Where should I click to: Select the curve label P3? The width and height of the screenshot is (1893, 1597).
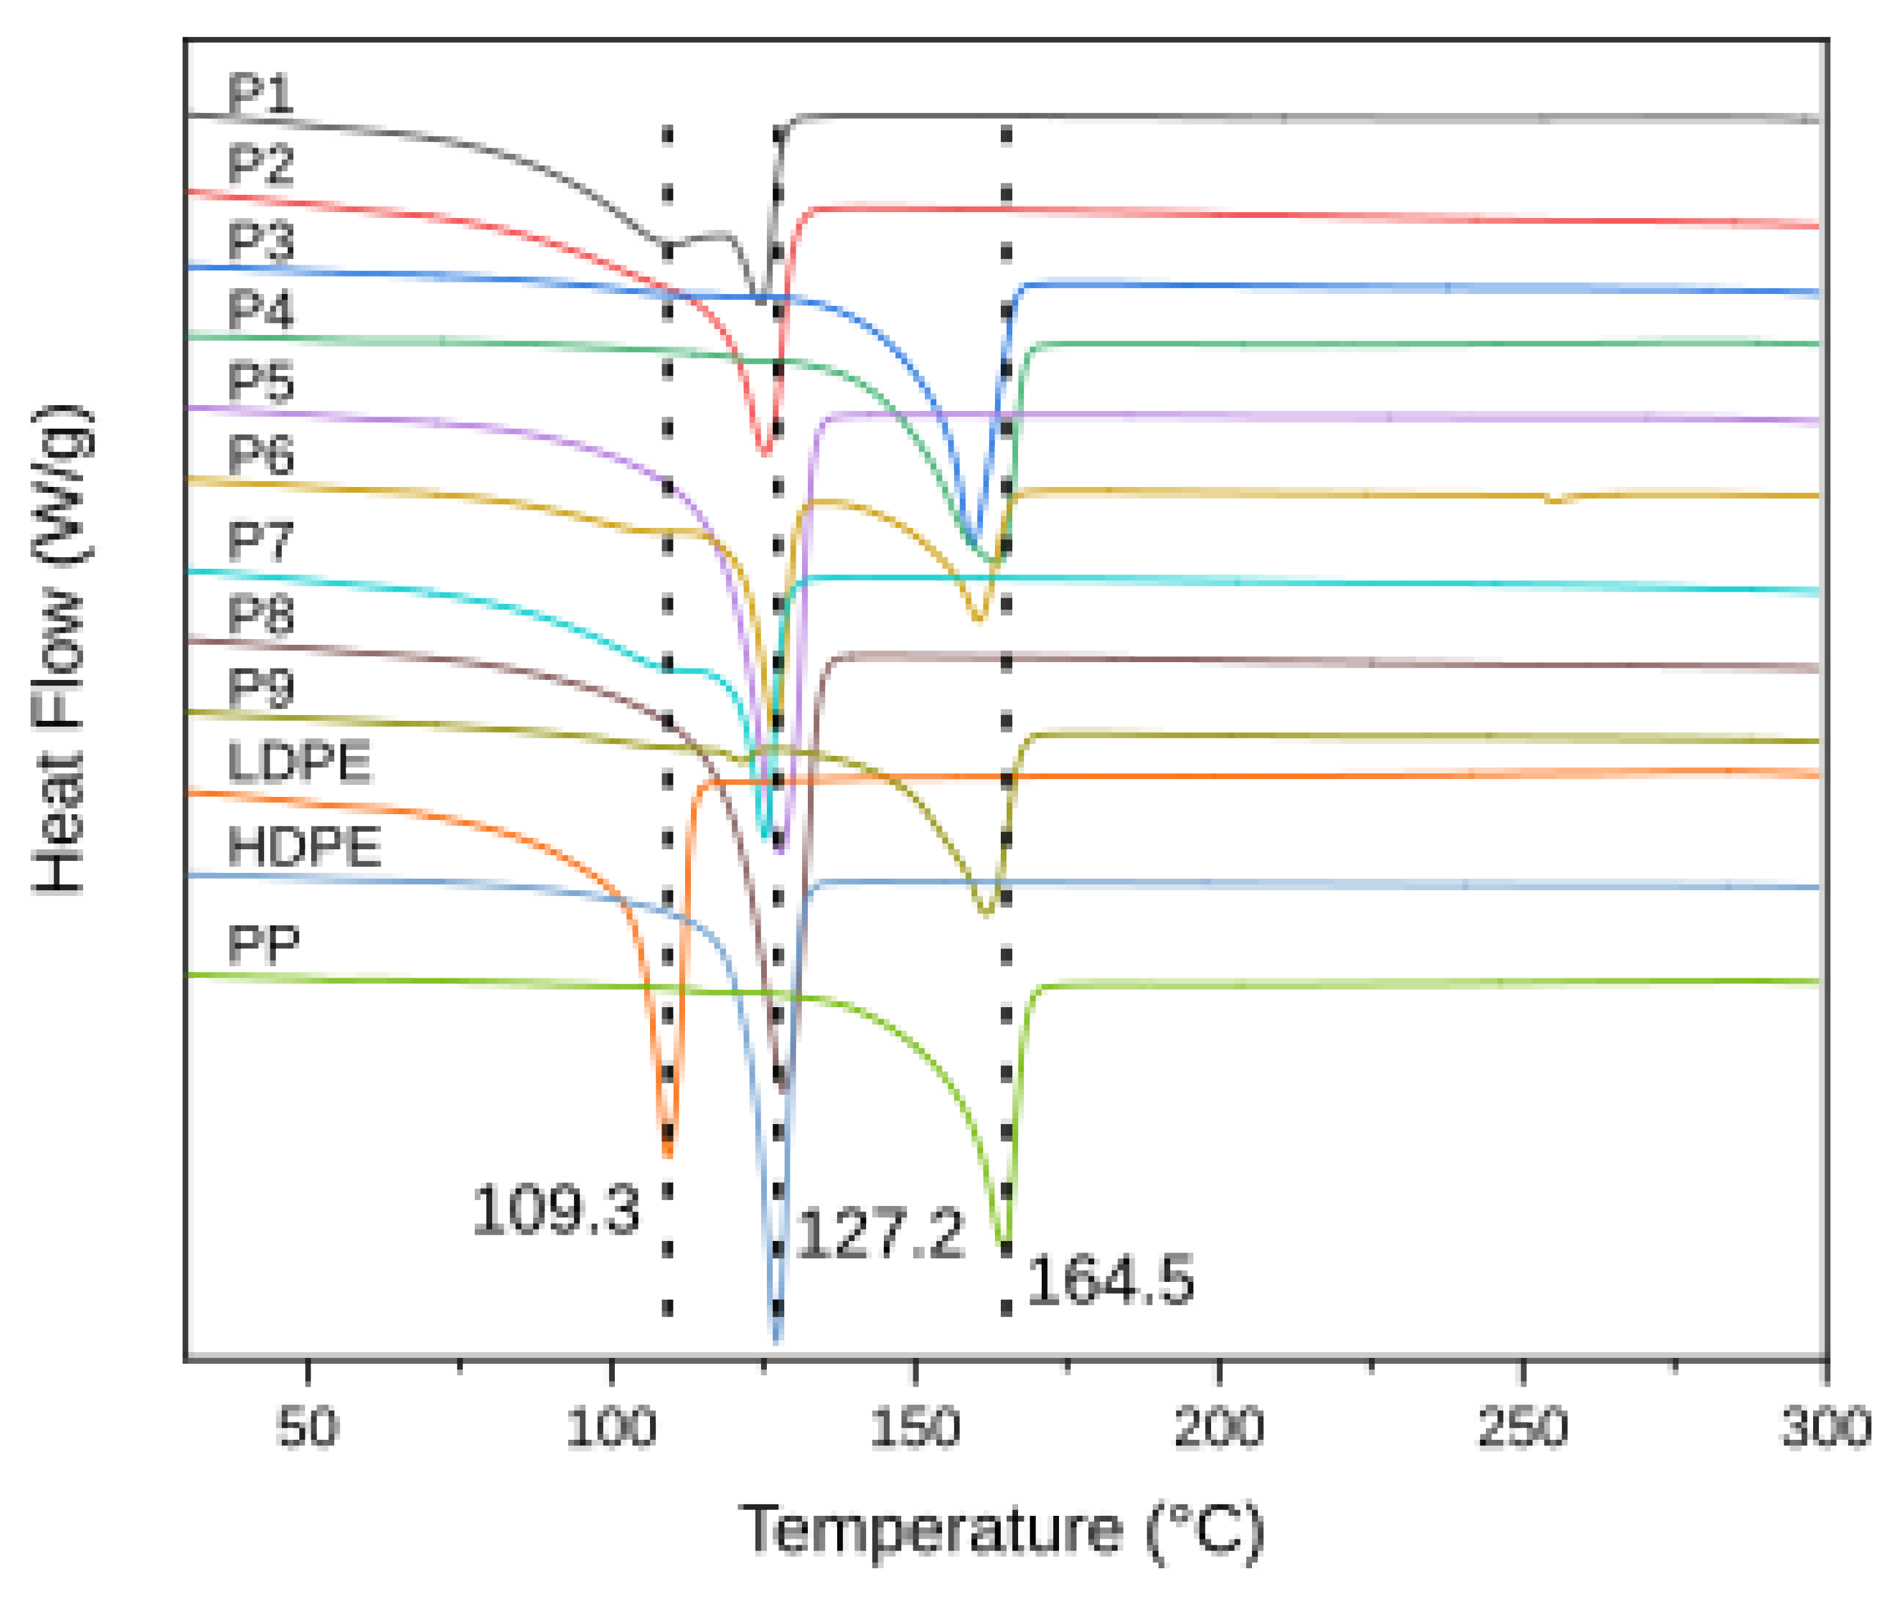point(261,242)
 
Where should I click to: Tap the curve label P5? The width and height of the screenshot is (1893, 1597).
point(261,381)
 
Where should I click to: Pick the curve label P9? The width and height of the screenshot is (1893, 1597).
point(261,688)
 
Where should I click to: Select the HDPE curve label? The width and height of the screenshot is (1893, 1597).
point(304,847)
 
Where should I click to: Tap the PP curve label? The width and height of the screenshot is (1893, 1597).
point(263,945)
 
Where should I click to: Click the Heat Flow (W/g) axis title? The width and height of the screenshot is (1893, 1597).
point(59,650)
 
